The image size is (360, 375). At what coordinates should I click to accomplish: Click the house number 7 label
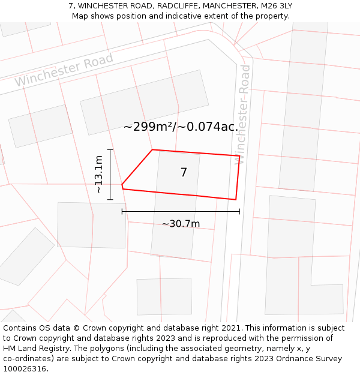point(184,173)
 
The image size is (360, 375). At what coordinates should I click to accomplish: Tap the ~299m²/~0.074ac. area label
point(181,127)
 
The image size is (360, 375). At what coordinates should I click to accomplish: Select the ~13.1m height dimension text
point(99,174)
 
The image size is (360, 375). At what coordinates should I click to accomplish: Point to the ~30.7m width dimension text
point(181,224)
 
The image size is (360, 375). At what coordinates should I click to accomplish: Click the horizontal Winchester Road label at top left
point(64,70)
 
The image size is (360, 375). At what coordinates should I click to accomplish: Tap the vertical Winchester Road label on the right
point(243,114)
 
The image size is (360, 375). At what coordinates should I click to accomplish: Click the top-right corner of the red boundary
point(239,156)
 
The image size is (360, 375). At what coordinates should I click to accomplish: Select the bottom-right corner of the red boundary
point(235,199)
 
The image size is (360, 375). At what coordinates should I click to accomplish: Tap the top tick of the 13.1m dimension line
point(110,149)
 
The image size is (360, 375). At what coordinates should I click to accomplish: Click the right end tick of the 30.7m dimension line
point(239,211)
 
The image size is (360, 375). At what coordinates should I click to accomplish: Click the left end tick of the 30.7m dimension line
point(122,211)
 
